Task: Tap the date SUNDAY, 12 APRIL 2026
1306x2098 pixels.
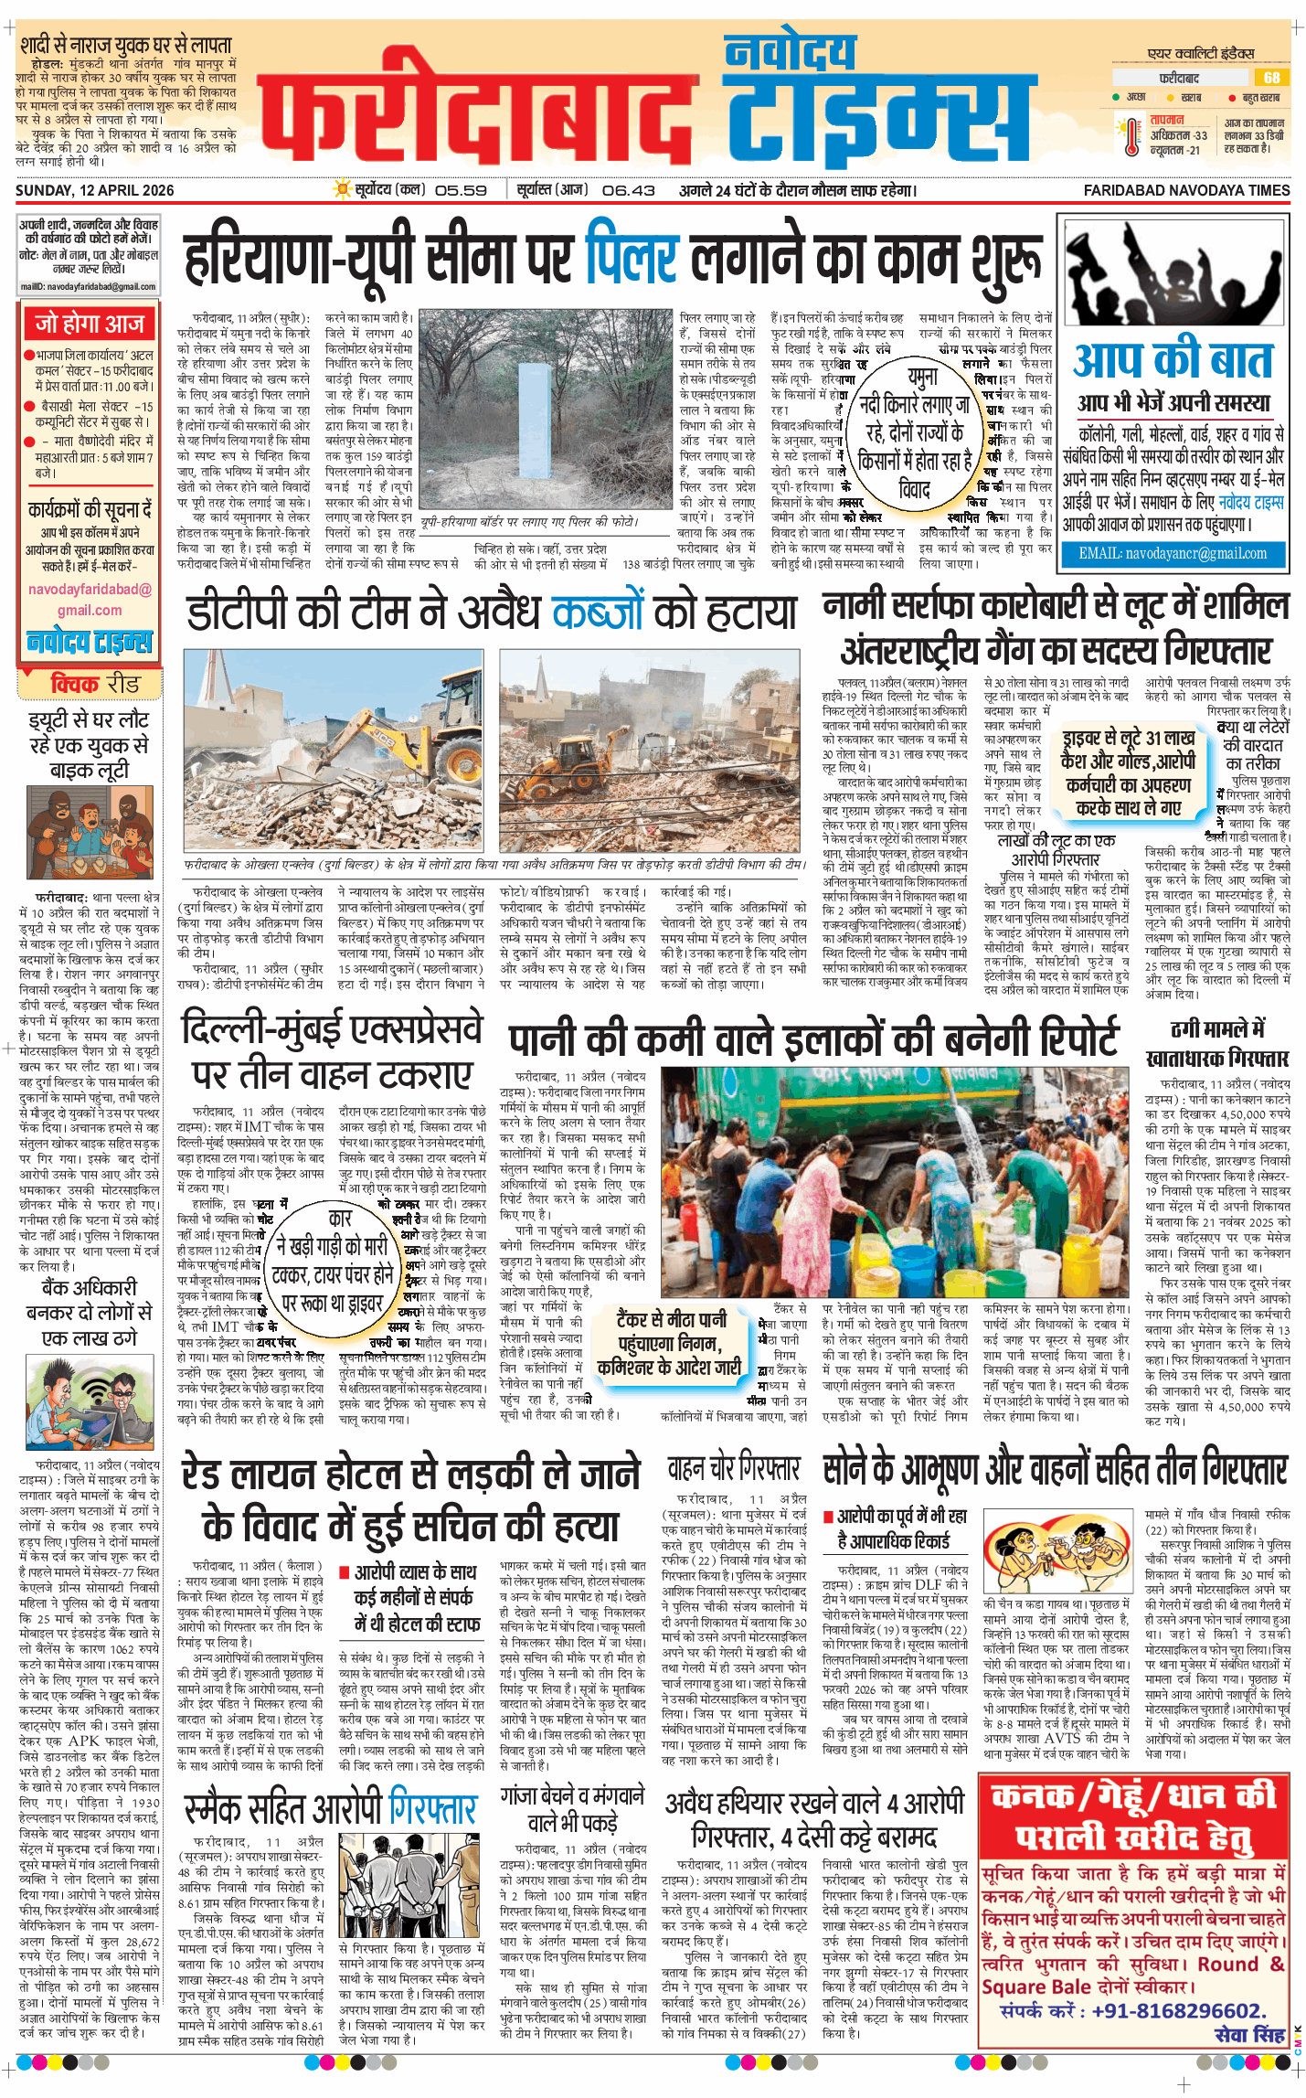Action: point(95,190)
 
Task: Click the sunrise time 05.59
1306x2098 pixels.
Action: point(461,191)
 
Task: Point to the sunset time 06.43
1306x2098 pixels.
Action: point(629,191)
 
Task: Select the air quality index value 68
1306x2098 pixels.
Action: point(1271,78)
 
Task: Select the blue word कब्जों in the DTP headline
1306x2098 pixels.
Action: point(611,612)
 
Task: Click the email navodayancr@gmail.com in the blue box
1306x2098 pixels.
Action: point(1173,553)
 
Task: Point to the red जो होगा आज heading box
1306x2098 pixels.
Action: point(90,324)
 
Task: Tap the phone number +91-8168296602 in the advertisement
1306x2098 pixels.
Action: point(1178,2010)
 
